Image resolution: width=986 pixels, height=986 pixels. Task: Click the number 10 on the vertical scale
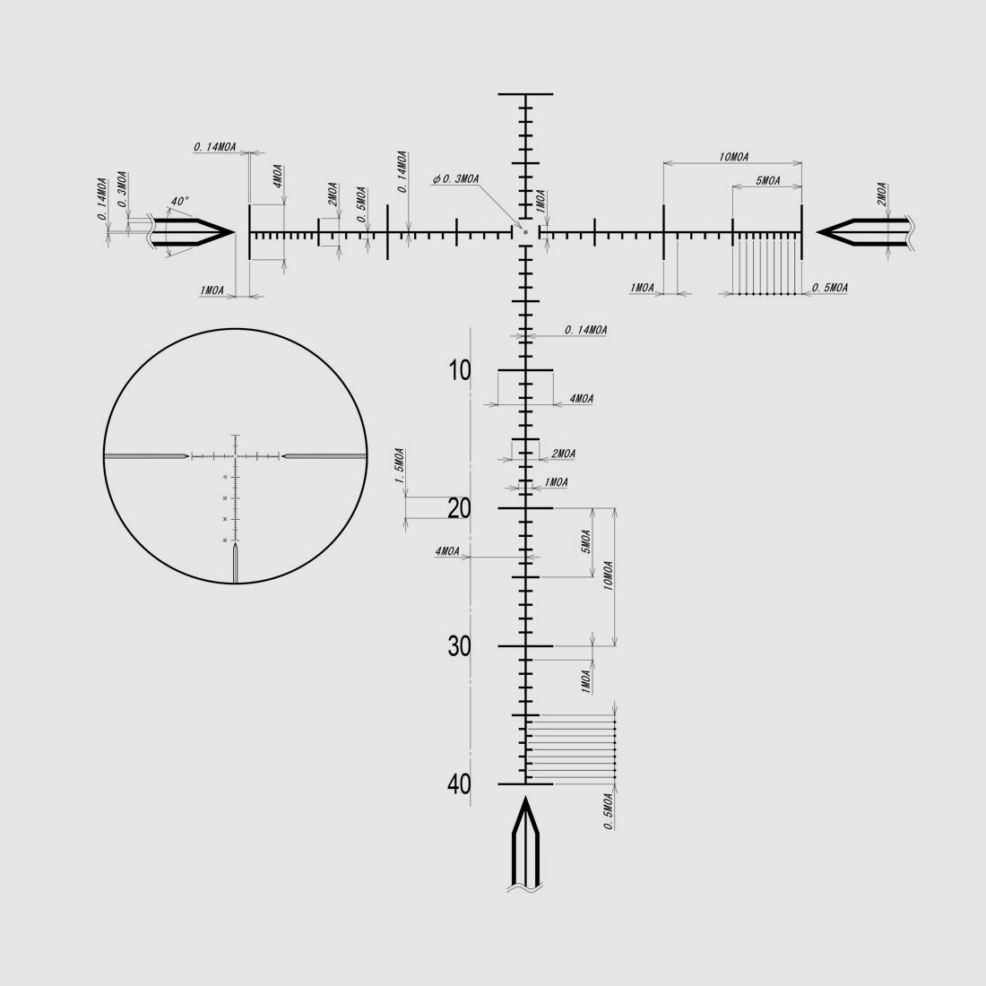pyautogui.click(x=460, y=369)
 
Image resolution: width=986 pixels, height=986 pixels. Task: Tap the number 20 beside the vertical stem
pyautogui.click(x=460, y=508)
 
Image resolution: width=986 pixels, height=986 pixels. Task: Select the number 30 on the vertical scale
pyautogui.click(x=460, y=646)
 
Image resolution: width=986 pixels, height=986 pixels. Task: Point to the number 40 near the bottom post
pyautogui.click(x=460, y=784)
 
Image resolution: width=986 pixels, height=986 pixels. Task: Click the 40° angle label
pyautogui.click(x=179, y=203)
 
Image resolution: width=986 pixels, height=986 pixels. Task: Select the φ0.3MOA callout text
pyautogui.click(x=455, y=179)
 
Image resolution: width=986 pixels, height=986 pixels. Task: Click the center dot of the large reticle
pyautogui.click(x=525, y=232)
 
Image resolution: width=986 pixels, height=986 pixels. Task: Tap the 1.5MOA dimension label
pyautogui.click(x=400, y=466)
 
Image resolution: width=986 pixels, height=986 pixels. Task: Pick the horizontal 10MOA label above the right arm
pyautogui.click(x=733, y=158)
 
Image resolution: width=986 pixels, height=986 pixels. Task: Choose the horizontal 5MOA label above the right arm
pyautogui.click(x=766, y=181)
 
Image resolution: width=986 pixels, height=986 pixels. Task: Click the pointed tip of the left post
pyautogui.click(x=233, y=232)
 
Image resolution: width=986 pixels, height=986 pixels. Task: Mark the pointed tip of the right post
pyautogui.click(x=818, y=232)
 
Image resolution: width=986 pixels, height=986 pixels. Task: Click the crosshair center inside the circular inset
pyautogui.click(x=236, y=456)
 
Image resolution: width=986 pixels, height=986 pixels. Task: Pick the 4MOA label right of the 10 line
pyautogui.click(x=581, y=399)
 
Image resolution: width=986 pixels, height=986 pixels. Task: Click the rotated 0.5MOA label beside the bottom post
pyautogui.click(x=609, y=811)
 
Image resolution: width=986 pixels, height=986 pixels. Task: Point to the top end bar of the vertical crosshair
pyautogui.click(x=525, y=93)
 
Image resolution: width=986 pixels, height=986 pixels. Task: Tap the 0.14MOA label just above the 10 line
pyautogui.click(x=586, y=331)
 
